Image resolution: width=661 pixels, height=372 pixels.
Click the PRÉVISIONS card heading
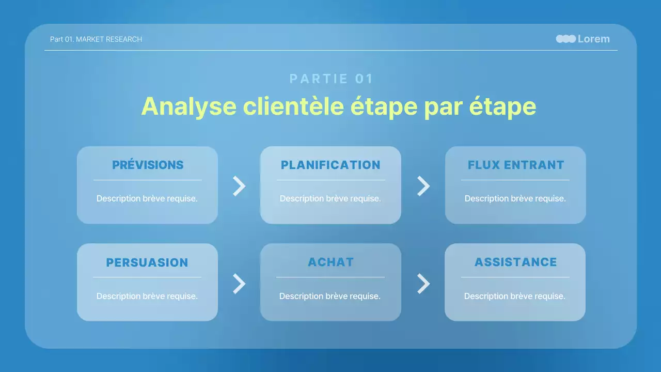point(148,165)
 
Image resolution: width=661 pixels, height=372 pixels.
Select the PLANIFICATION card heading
point(330,165)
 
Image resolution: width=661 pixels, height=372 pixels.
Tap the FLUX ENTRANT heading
point(516,165)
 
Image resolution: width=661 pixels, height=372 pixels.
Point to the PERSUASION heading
point(147,262)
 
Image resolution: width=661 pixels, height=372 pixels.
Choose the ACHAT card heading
point(331,262)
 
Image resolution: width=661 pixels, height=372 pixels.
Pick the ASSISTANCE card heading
point(515,262)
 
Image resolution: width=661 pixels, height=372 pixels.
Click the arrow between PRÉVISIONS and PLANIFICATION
point(239,186)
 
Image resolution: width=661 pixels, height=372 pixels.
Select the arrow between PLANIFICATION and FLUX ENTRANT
point(423,186)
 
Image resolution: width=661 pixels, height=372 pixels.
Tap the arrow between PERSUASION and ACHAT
point(239,283)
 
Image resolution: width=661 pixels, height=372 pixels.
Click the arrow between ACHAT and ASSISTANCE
point(423,283)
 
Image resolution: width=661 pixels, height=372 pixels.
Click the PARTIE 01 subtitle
point(331,79)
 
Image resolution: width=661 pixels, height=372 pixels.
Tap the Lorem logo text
point(593,39)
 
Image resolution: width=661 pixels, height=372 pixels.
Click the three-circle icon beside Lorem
point(566,39)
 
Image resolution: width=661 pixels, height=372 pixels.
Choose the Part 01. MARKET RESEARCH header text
point(96,39)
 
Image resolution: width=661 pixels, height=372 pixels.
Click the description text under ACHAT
point(330,296)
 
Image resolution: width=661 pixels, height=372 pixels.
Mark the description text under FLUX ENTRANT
point(515,198)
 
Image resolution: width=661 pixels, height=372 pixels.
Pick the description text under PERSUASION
point(147,296)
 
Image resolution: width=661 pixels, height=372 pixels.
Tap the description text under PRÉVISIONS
point(147,198)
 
